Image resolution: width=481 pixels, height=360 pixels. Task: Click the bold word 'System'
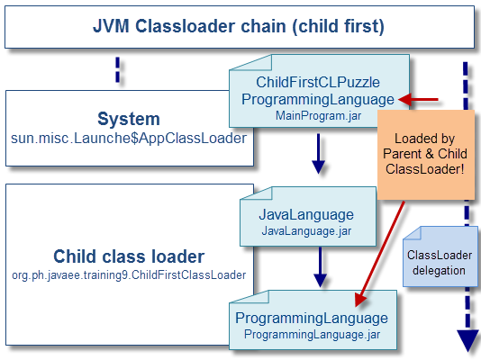(129, 119)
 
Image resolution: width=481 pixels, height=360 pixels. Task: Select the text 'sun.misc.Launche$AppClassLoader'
(129, 139)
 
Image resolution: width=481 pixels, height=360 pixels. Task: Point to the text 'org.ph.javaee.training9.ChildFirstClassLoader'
(129, 274)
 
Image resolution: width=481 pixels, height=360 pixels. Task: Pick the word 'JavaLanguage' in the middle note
(306, 216)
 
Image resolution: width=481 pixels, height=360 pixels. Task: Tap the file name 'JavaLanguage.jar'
(306, 231)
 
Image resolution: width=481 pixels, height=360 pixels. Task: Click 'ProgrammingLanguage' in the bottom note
(312, 318)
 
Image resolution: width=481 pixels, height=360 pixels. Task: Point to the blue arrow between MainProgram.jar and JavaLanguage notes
(317, 154)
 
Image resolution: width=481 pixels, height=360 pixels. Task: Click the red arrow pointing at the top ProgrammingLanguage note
(420, 99)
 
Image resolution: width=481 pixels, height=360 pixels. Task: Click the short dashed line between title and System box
(118, 70)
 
